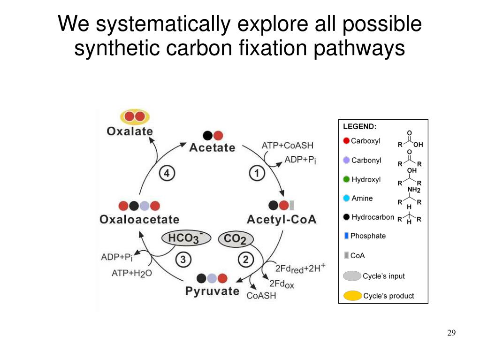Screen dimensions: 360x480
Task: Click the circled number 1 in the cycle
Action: pos(257,174)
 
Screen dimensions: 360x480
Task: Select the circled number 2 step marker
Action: pos(245,259)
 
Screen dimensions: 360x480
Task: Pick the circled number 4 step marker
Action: pos(167,174)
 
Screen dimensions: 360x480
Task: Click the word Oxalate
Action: pos(130,131)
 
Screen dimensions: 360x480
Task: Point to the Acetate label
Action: pos(212,147)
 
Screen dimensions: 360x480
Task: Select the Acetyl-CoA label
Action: pos(282,219)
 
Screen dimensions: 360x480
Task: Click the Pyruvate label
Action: pos(212,291)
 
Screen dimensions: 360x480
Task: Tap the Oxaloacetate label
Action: pos(139,219)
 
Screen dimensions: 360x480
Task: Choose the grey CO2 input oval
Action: pos(236,239)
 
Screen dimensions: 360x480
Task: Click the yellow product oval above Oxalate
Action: pos(135,117)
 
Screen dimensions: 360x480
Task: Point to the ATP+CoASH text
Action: pos(287,146)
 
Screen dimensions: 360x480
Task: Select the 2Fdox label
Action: pos(282,283)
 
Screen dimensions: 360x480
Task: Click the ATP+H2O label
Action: pos(132,273)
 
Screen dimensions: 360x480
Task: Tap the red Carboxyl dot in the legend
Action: pos(346,141)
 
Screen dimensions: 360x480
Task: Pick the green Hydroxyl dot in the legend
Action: pos(346,179)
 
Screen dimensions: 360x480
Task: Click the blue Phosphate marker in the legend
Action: pos(346,236)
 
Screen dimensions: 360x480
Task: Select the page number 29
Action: pos(451,333)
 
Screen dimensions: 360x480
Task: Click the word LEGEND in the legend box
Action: pos(360,126)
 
